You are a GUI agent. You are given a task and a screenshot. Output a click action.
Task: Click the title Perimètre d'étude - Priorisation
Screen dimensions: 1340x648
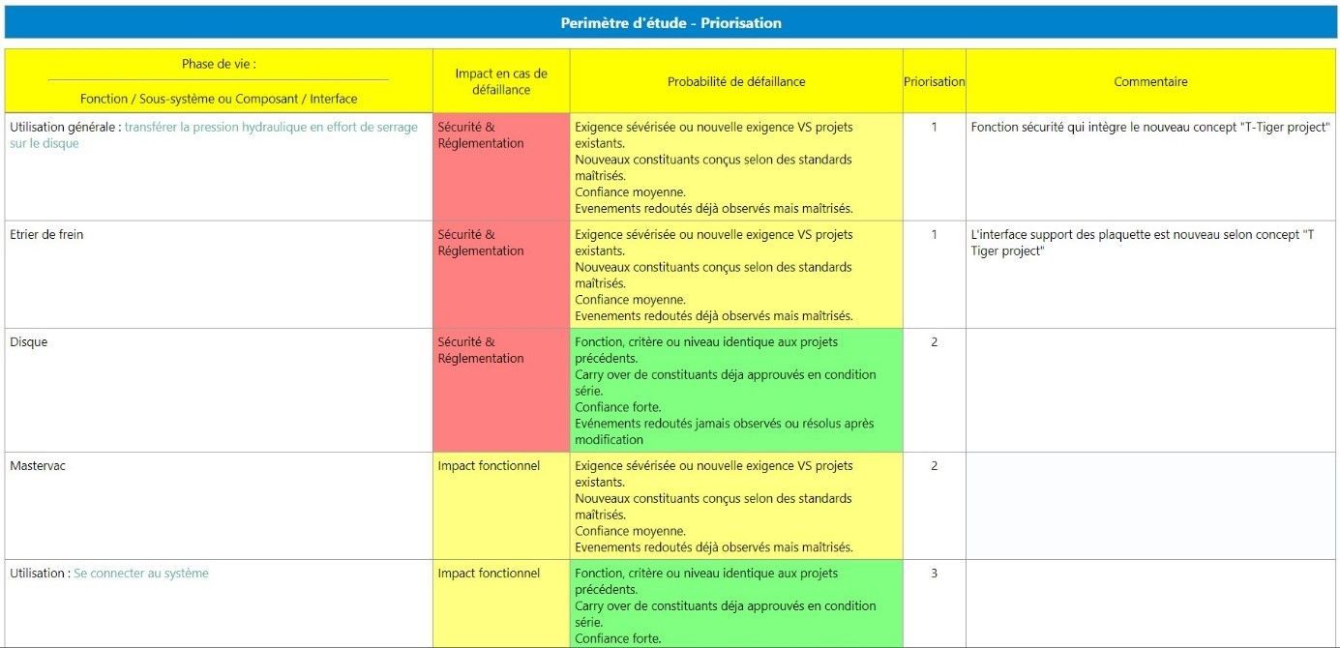(670, 22)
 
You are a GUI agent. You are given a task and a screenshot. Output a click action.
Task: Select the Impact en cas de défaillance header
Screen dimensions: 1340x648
(501, 81)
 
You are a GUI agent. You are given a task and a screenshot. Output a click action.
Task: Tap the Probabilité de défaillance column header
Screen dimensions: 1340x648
(735, 81)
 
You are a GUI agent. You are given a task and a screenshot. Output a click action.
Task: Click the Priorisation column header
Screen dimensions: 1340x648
(934, 81)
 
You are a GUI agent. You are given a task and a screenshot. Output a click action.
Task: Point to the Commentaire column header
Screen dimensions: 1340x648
(1150, 81)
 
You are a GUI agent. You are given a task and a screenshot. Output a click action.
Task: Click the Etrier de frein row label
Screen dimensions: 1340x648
(46, 234)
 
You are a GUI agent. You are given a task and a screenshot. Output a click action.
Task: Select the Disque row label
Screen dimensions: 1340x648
(29, 341)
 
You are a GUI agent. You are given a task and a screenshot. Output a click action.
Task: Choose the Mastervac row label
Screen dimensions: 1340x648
(38, 465)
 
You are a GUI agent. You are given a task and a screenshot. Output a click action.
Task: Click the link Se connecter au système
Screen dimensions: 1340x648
(141, 573)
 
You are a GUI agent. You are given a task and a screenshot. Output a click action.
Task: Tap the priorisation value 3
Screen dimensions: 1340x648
(934, 573)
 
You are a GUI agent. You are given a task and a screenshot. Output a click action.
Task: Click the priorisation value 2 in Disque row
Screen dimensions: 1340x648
(934, 341)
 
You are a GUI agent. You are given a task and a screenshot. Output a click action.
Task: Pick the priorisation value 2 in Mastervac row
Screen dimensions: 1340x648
(934, 465)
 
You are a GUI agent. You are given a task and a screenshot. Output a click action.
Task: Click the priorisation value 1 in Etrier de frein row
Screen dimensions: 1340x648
(934, 234)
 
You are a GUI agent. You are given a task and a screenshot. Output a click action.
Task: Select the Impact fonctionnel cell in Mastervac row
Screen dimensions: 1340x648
(489, 465)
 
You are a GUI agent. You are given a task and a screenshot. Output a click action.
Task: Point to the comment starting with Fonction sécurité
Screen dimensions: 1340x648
(1150, 127)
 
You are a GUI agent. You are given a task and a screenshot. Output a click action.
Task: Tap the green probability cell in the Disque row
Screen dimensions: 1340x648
(735, 390)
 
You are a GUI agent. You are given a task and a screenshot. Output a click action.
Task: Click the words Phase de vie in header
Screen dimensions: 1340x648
(219, 64)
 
